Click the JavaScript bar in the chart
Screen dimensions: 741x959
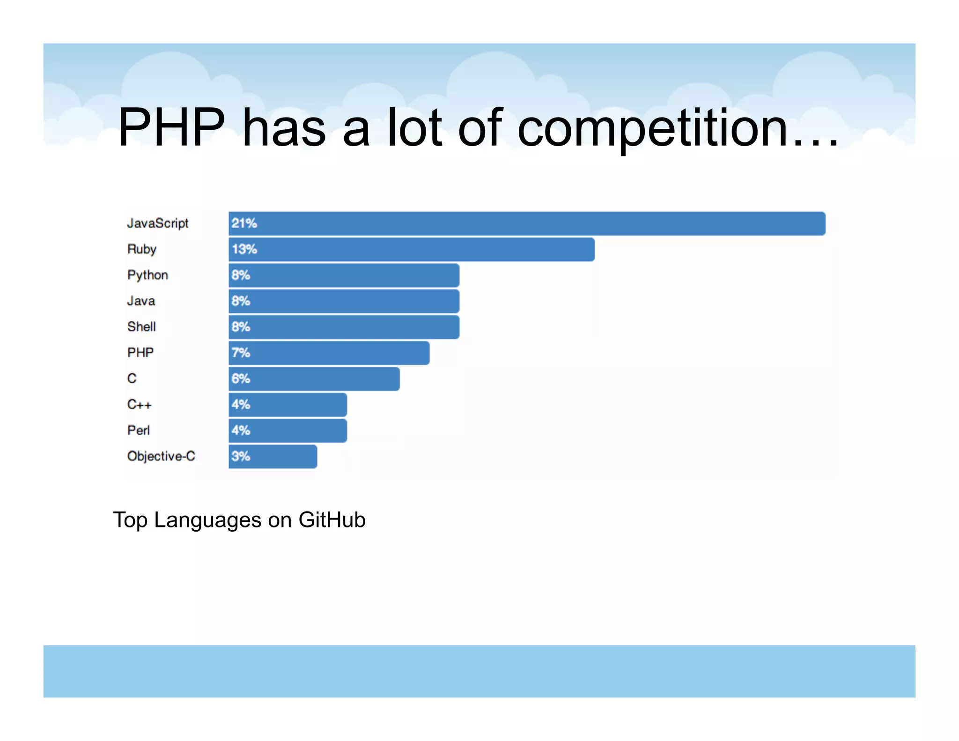click(x=527, y=223)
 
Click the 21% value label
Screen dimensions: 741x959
click(x=244, y=223)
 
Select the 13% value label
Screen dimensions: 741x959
click(x=244, y=249)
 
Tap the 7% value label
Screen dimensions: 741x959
click(x=241, y=353)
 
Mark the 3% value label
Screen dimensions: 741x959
click(x=241, y=456)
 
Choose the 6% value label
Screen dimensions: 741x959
click(x=241, y=378)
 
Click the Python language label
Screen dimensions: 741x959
click(x=148, y=275)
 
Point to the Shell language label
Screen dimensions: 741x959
click(x=141, y=326)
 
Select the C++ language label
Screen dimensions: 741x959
click(x=139, y=404)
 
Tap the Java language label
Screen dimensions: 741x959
click(x=141, y=301)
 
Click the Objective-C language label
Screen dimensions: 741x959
click(x=161, y=456)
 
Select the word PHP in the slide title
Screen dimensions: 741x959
click(x=171, y=127)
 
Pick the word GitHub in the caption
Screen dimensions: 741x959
click(x=332, y=520)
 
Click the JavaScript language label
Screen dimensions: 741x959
click(x=158, y=223)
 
